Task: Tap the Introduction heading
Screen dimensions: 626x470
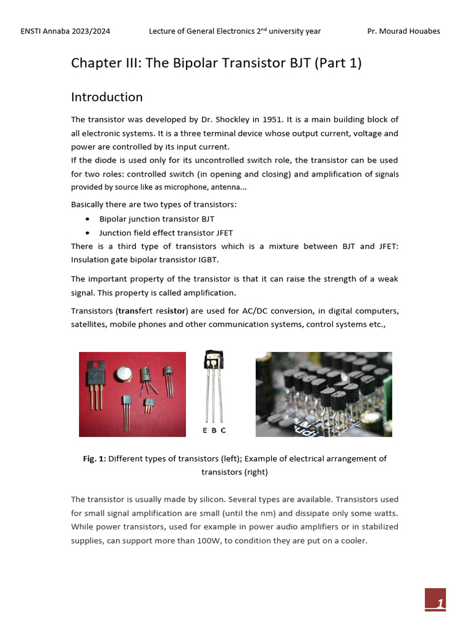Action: (x=107, y=97)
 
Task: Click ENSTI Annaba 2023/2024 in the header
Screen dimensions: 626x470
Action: (x=65, y=31)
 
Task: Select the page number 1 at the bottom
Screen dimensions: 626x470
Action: (x=439, y=604)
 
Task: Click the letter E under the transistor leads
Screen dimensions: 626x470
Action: (x=205, y=430)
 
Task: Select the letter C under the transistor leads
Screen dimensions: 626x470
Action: (x=223, y=430)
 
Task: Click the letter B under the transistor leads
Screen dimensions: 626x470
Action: (x=214, y=430)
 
